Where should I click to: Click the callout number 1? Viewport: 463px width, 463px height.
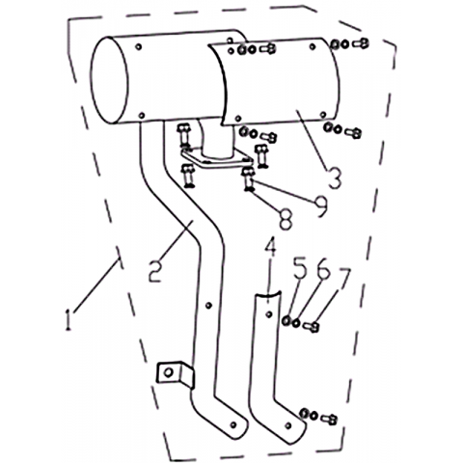click(68, 319)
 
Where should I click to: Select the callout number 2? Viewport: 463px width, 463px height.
click(155, 271)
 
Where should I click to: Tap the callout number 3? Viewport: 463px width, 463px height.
click(335, 177)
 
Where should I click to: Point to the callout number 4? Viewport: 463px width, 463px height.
click(270, 246)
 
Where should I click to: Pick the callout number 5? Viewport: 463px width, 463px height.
click(301, 269)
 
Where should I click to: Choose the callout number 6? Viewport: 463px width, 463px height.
click(323, 269)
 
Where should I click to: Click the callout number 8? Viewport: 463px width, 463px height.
click(286, 219)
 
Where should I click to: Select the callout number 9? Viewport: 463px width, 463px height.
click(320, 206)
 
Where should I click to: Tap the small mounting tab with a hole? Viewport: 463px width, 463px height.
click(175, 374)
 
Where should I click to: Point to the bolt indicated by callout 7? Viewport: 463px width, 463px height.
click(312, 327)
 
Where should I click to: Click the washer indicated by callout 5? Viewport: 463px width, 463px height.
click(286, 320)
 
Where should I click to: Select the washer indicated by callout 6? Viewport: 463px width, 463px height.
click(296, 322)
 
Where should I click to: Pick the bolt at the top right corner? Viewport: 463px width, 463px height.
click(361, 43)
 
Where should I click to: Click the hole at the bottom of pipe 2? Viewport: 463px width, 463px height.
click(233, 424)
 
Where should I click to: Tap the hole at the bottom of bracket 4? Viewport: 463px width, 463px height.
click(288, 425)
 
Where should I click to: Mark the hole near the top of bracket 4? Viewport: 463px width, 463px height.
click(269, 313)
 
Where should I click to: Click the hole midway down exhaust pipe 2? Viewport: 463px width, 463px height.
click(209, 305)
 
